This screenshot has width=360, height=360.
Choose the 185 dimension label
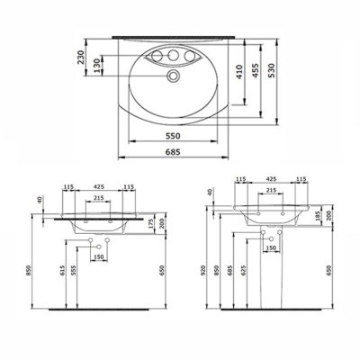[x=318, y=217]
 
